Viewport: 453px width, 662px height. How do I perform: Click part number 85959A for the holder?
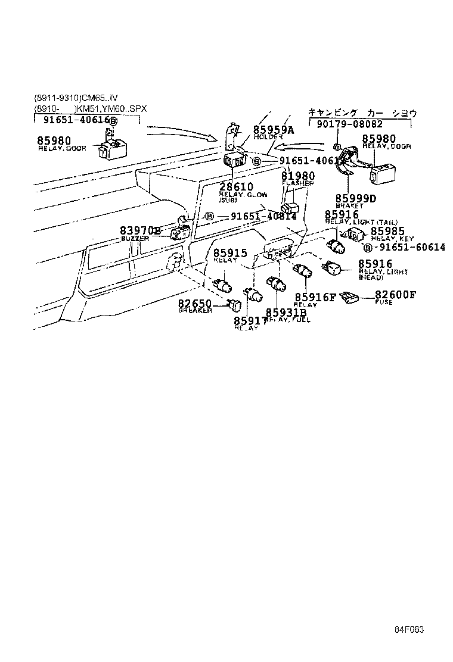(274, 129)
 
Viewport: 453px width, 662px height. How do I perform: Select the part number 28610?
(236, 187)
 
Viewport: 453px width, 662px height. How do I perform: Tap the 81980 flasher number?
(298, 176)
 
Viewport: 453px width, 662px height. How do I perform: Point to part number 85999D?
(355, 198)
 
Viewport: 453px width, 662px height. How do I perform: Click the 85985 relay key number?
(387, 231)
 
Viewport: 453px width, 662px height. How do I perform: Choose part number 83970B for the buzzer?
(141, 230)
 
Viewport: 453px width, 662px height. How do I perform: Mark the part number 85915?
(230, 253)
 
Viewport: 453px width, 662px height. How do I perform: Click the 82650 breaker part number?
(195, 304)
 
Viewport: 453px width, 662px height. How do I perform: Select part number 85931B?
(286, 313)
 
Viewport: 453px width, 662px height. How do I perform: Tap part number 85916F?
(315, 297)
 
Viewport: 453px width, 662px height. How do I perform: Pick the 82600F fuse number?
(395, 294)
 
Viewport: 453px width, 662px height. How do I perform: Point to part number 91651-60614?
(412, 247)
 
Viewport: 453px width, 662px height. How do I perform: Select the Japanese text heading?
(362, 113)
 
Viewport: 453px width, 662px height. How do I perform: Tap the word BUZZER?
(135, 238)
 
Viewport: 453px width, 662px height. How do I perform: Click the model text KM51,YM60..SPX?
(111, 109)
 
